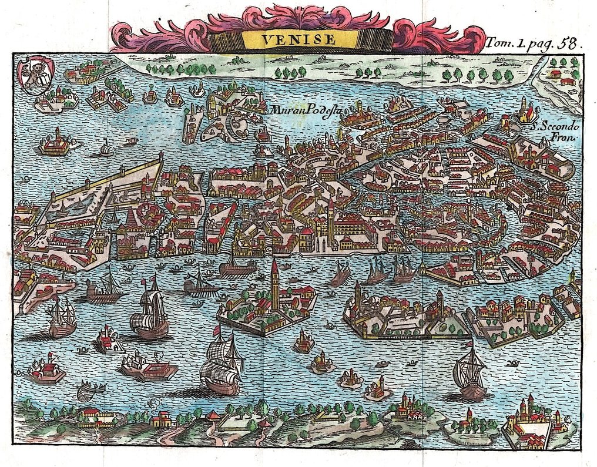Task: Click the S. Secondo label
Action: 555,126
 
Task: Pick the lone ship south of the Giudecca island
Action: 470,370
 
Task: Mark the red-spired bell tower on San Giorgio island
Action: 274,282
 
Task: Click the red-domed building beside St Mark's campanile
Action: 307,233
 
